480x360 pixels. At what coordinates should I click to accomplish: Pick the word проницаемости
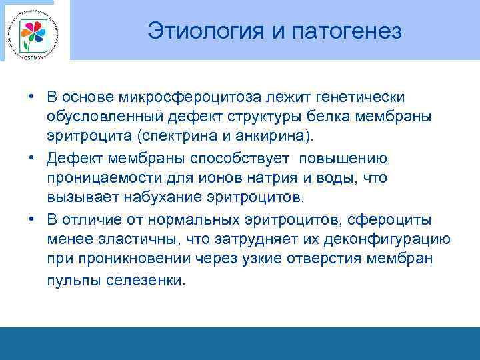coord(94,179)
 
